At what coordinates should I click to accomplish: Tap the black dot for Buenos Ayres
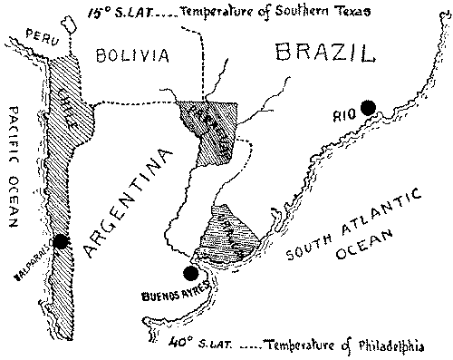[x=190, y=273]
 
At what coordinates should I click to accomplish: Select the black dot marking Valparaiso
[x=61, y=241]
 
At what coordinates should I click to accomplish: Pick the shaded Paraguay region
[x=211, y=134]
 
